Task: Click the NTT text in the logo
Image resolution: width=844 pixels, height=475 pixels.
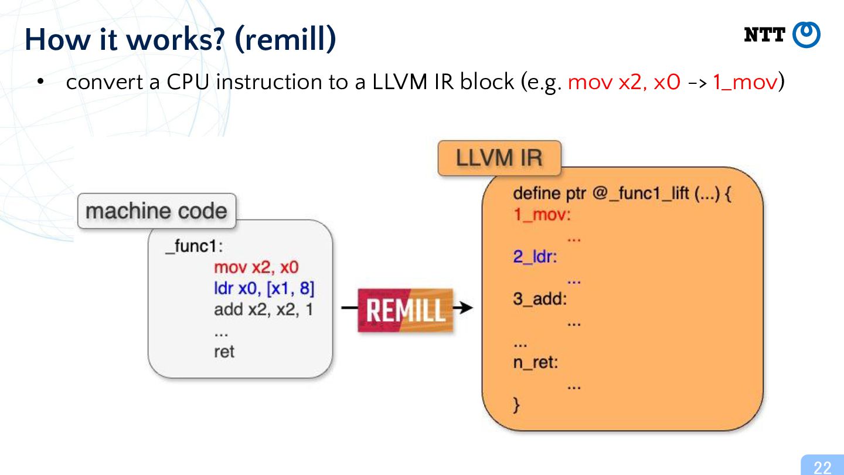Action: pos(764,35)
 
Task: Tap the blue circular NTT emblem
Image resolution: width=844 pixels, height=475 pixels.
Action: pos(806,35)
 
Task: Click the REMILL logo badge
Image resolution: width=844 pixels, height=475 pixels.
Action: pos(406,310)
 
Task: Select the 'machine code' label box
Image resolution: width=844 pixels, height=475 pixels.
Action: pos(156,211)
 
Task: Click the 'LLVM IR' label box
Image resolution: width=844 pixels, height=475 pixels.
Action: pos(499,158)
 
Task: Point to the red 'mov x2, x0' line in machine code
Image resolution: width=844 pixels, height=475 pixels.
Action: pos(256,267)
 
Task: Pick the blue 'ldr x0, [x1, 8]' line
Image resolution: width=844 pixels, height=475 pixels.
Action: pos(264,289)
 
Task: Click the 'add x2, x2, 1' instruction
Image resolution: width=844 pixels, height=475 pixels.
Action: pos(263,310)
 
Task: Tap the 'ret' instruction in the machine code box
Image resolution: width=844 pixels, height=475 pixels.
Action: pos(224,352)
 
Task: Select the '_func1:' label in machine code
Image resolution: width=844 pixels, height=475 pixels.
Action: pos(194,246)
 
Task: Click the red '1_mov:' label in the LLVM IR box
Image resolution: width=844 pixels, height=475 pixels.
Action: pos(542,215)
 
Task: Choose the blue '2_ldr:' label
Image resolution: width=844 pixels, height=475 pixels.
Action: pos(535,257)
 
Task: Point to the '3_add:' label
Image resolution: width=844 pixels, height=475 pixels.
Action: pos(540,299)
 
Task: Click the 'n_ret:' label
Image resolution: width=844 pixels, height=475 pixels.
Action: pos(536,362)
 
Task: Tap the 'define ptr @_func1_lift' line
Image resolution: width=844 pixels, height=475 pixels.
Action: pos(622,194)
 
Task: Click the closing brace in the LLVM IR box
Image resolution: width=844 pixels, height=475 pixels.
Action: pos(516,405)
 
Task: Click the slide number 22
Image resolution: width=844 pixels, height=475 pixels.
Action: pos(822,467)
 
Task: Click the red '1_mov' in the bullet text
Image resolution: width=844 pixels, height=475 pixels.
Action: pos(745,82)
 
